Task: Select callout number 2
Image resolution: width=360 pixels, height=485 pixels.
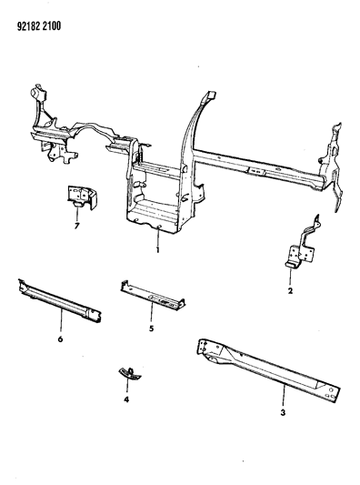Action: tap(290, 293)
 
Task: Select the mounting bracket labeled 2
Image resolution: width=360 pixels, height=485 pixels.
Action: tap(301, 247)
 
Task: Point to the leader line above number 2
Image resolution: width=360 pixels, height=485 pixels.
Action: tap(291, 278)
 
